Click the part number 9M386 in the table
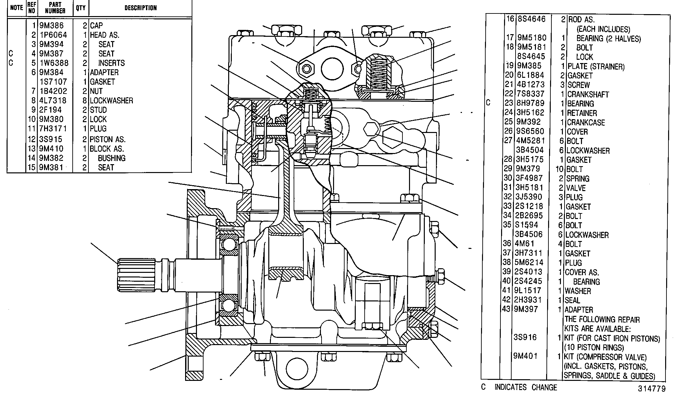coord(51,26)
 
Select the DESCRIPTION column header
coord(140,8)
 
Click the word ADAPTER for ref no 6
coord(104,72)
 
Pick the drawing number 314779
coord(652,388)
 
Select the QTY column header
coord(81,8)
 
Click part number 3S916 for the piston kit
coord(525,338)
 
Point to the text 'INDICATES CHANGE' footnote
coord(526,387)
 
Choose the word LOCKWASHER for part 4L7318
coord(111,100)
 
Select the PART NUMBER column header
coord(55,8)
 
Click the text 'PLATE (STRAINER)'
coord(596,67)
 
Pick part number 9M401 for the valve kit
coord(525,356)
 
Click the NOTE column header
coord(16,8)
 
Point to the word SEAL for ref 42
coord(572,300)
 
